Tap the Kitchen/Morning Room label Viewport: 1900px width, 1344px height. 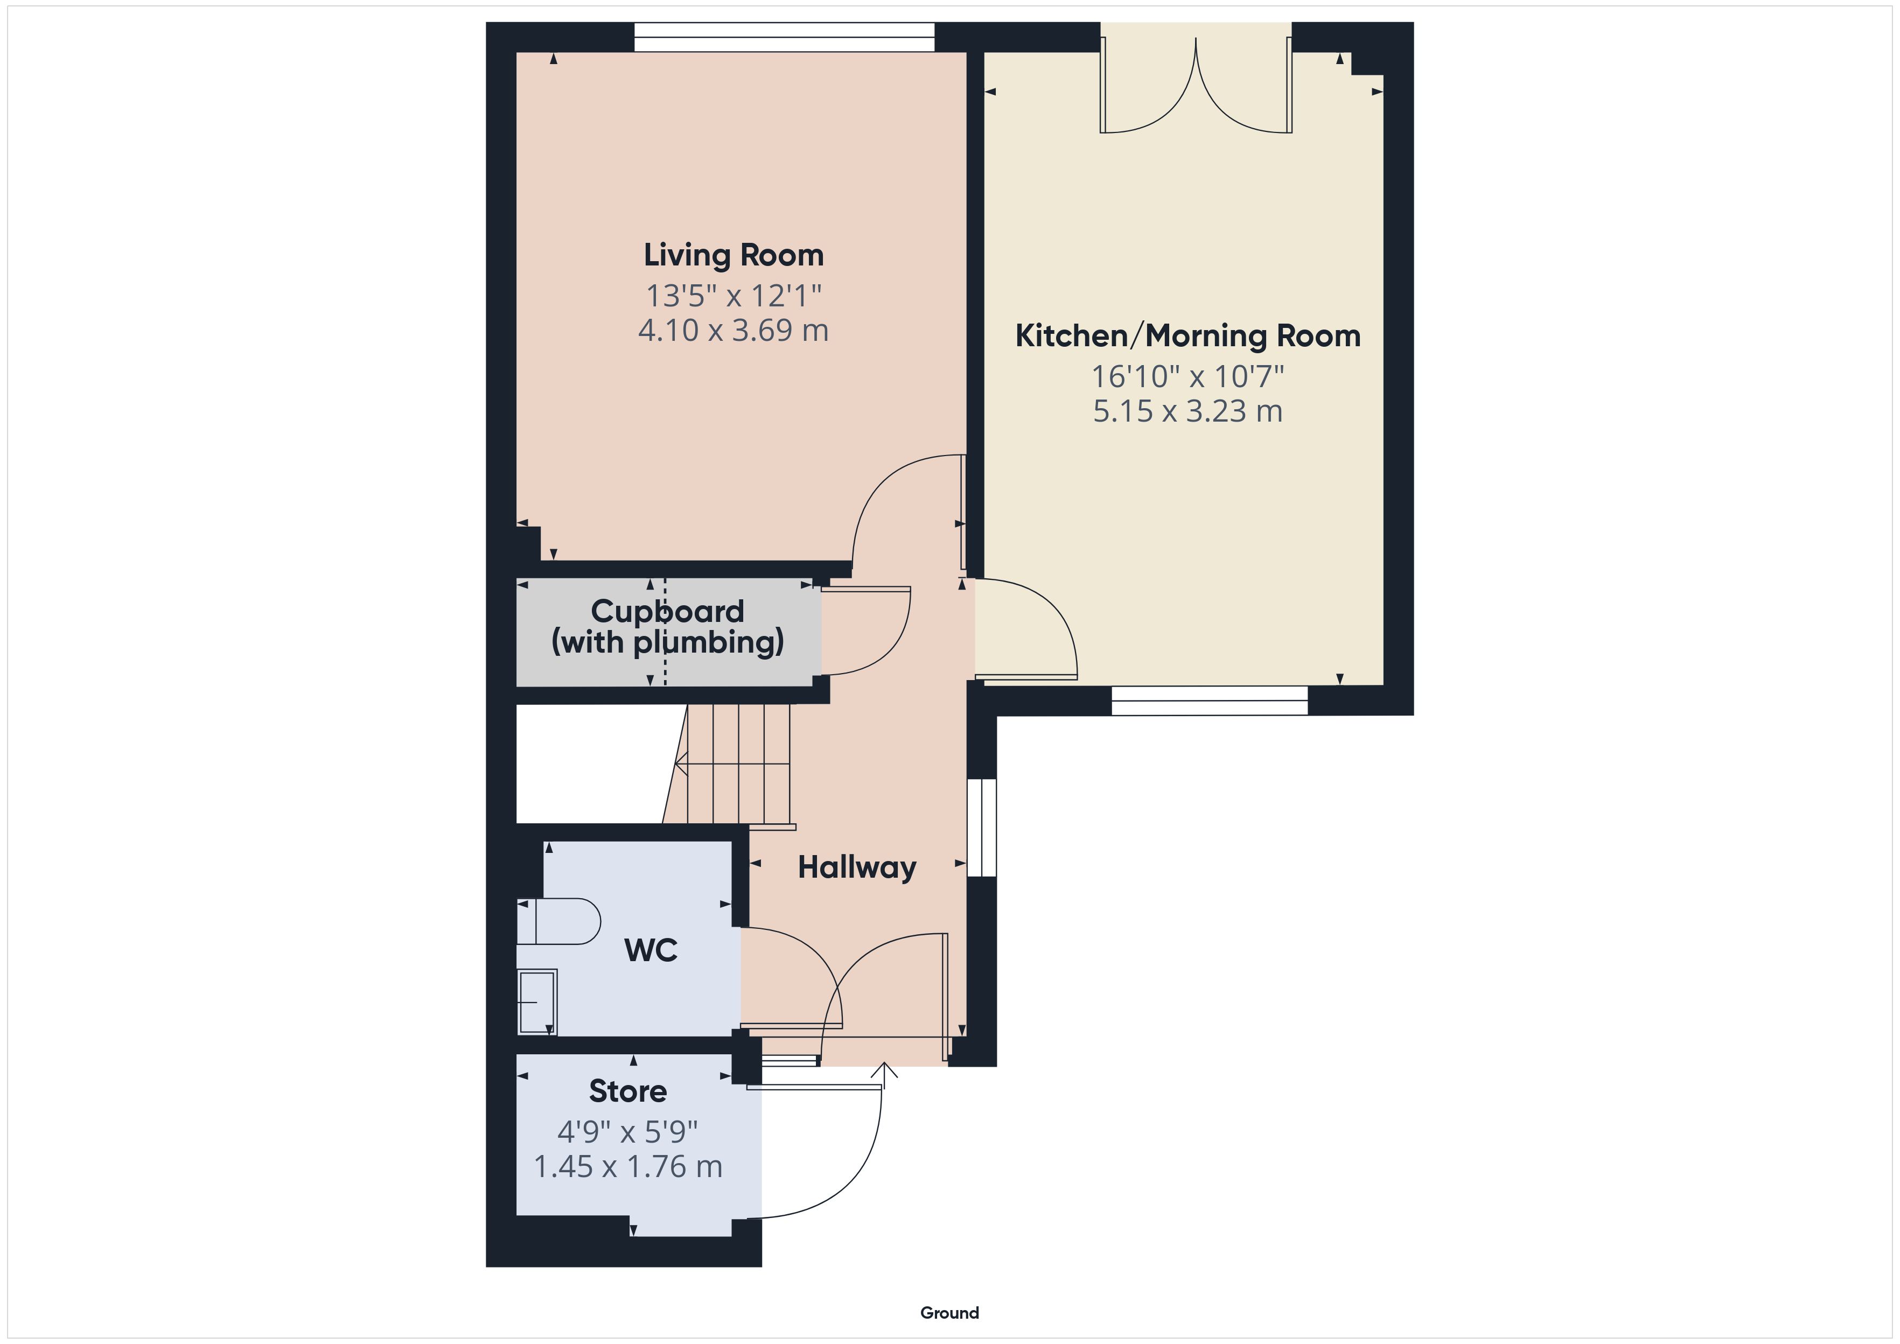tap(1187, 336)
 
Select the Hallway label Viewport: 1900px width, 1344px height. tap(856, 867)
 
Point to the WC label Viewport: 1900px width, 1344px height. tap(651, 950)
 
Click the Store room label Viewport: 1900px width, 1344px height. tap(628, 1091)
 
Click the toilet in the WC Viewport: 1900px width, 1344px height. tap(558, 921)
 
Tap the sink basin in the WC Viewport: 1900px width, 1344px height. tap(537, 1002)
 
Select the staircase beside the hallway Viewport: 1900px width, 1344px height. tap(728, 763)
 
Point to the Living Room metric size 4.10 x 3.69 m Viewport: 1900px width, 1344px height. tap(733, 330)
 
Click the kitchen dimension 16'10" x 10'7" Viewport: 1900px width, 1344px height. tap(1187, 376)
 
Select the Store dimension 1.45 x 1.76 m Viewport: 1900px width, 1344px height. tap(628, 1167)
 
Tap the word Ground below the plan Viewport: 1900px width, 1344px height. tap(949, 1313)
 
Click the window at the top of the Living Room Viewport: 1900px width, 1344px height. tap(785, 37)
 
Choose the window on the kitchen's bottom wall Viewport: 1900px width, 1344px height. tap(1210, 701)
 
